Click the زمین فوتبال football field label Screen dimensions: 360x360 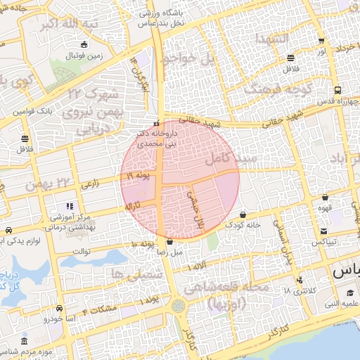point(84,54)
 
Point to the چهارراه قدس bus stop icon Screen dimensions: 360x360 point(338,91)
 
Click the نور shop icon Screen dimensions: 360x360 point(321,41)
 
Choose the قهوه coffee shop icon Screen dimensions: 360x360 point(325,198)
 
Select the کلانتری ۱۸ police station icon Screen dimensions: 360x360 point(300,280)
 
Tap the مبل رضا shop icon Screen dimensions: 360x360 point(169,241)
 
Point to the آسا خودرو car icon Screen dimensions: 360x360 point(60,309)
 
